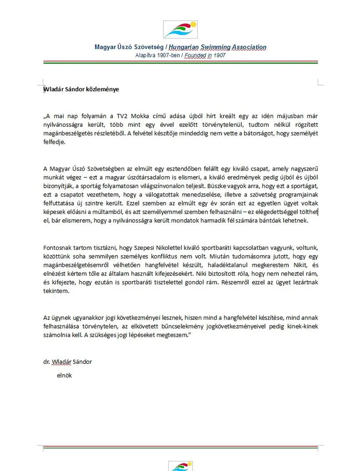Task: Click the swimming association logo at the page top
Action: click(x=180, y=30)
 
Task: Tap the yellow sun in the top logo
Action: click(x=193, y=25)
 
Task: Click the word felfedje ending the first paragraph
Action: click(x=54, y=142)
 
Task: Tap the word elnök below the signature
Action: click(x=65, y=376)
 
